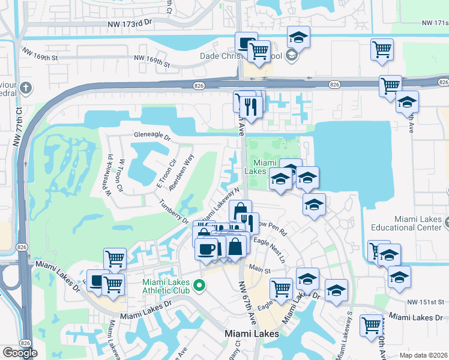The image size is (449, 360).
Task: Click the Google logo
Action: pos(20,353)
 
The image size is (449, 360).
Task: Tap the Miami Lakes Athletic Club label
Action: pos(166,287)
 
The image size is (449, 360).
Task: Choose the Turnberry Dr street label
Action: pos(173,211)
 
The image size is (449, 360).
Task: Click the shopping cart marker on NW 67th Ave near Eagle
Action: pos(281,289)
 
